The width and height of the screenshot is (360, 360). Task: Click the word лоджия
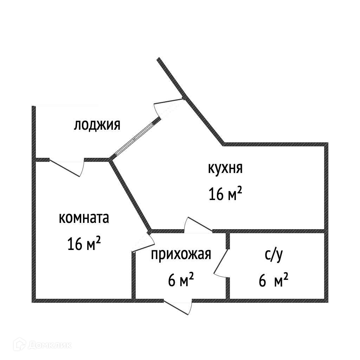coord(97,125)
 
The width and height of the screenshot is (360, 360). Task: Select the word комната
coord(84,218)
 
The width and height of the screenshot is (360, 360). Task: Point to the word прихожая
coord(181,254)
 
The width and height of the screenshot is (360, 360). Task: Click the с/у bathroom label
coord(273,256)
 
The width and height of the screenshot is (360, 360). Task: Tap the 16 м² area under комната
coord(84,243)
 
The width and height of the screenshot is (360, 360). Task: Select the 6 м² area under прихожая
coord(181,280)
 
